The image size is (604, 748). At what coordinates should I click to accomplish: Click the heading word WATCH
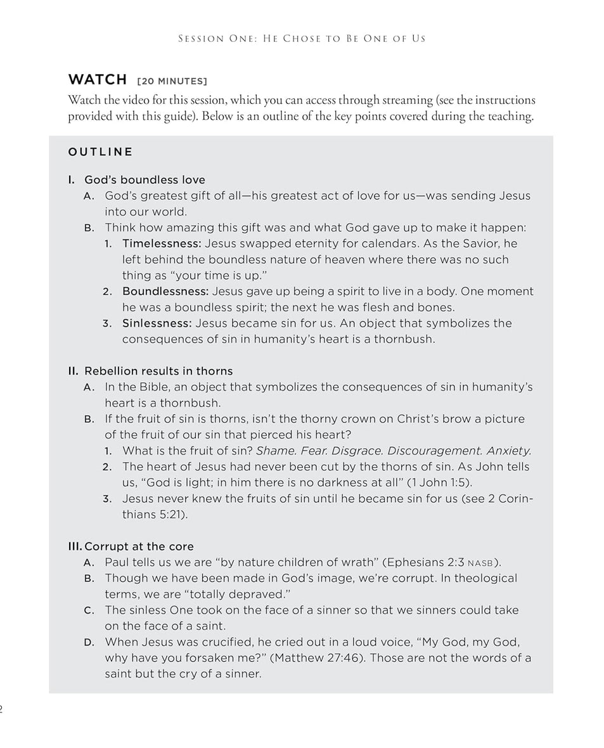(98, 80)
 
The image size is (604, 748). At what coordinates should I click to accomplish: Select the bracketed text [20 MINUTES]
(172, 82)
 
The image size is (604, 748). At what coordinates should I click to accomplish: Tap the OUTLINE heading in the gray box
(101, 152)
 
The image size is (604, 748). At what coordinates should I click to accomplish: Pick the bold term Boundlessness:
(165, 291)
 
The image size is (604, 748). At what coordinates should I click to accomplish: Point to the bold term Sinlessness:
(157, 323)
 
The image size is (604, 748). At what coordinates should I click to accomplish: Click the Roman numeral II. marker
(74, 371)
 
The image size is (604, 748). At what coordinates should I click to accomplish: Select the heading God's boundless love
(145, 179)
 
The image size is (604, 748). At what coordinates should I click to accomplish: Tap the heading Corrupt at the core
(139, 546)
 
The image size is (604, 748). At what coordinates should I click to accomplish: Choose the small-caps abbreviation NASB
(480, 563)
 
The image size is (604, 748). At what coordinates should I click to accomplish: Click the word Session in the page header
(200, 39)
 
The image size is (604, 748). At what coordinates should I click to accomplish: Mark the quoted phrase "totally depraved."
(235, 594)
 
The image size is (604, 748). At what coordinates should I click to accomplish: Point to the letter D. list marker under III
(89, 642)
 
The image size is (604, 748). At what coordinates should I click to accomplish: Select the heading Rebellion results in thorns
(158, 371)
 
